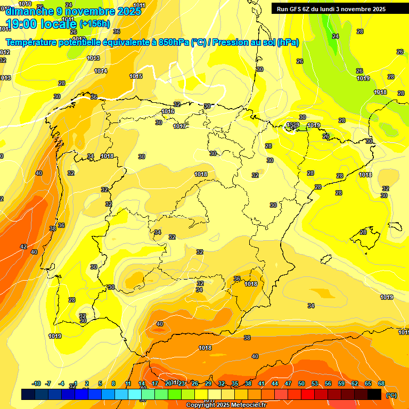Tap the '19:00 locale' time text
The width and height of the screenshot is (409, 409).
coord(41,24)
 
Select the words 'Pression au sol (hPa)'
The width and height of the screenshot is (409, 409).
coord(255,43)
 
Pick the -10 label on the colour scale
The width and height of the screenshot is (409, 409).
coord(36,383)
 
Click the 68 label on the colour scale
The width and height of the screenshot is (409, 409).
coord(381,383)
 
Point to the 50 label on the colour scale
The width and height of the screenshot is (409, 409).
coord(301,383)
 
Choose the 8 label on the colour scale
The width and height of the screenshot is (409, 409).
coord(113,383)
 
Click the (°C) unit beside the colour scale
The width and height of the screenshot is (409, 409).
coord(391,395)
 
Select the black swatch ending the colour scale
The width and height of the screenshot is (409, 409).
coord(374,394)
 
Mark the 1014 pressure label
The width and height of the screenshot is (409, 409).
coord(101,71)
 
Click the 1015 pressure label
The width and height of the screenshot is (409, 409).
coord(136,76)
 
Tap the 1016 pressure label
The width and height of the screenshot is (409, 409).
coord(168,111)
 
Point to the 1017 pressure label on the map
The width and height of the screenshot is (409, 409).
coord(179,126)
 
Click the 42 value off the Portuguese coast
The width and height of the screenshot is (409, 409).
coord(23,247)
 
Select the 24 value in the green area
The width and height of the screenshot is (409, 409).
coord(336,36)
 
